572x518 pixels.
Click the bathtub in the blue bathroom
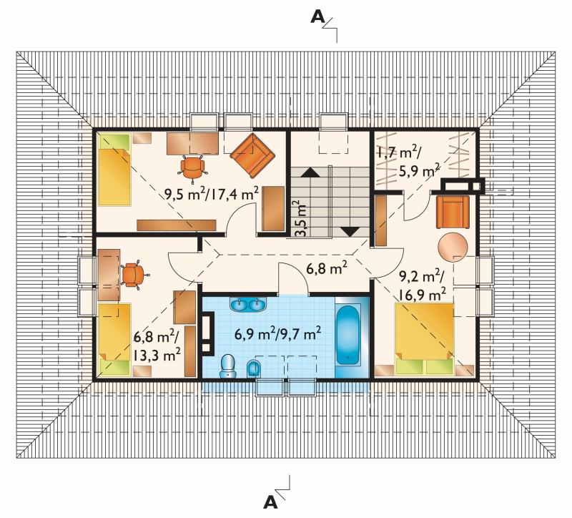(347, 335)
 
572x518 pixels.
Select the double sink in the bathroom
(248, 305)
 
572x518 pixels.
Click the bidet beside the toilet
(254, 368)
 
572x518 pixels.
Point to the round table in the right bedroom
(453, 247)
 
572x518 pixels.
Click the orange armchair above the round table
(453, 212)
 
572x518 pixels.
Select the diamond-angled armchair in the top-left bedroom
(252, 155)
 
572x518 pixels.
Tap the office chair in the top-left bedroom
(192, 167)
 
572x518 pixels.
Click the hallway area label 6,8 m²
(327, 269)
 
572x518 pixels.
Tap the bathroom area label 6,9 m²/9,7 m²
(277, 333)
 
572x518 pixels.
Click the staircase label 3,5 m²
(301, 218)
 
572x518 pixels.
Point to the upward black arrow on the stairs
(310, 172)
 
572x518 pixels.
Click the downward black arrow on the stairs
(350, 232)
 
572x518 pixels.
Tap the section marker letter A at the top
(317, 16)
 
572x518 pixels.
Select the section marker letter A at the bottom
(270, 502)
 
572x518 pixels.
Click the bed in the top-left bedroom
(114, 170)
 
